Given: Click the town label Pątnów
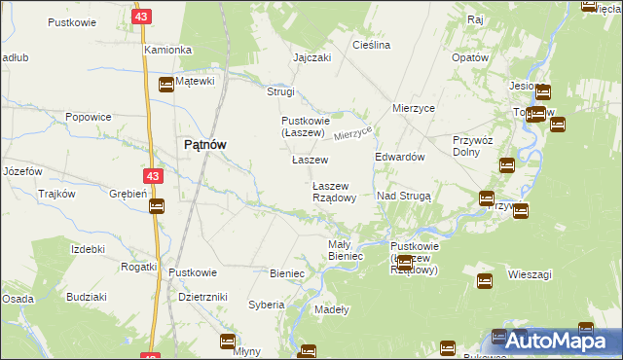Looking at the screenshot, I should (205, 145).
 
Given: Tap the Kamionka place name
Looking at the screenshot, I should (166, 49).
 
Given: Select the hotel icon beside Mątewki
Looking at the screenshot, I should (165, 85).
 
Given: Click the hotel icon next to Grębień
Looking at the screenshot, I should (157, 205).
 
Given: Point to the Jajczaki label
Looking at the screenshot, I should (312, 57).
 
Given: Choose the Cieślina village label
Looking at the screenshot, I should (372, 46).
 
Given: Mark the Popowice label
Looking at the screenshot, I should (87, 116).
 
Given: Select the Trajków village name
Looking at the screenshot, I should (56, 194).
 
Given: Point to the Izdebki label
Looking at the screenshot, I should (88, 249).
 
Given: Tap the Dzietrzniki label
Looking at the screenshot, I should (203, 297).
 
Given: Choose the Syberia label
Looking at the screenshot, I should (266, 305).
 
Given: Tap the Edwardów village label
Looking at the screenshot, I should (399, 157).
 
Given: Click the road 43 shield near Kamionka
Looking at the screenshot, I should (143, 18).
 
